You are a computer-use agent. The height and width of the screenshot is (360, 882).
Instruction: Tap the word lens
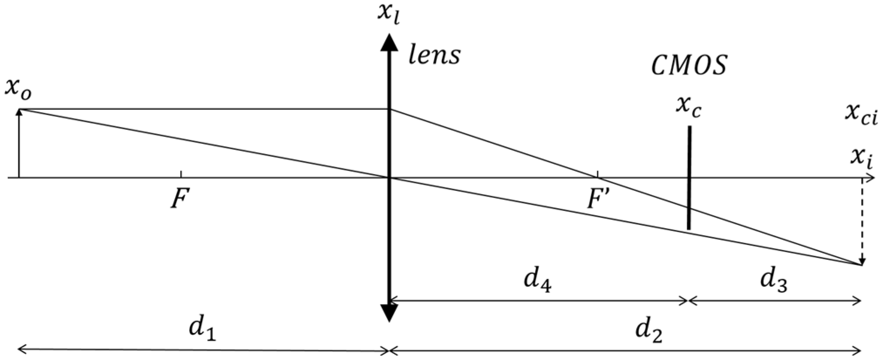tap(434, 55)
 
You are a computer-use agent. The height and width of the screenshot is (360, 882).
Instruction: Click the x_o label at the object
tap(18, 90)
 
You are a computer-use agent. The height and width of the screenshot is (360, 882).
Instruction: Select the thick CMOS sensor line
tap(689, 177)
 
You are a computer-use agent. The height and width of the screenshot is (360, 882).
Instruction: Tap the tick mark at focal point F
tap(181, 174)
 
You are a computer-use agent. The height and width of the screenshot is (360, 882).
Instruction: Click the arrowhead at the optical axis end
tap(871, 178)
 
